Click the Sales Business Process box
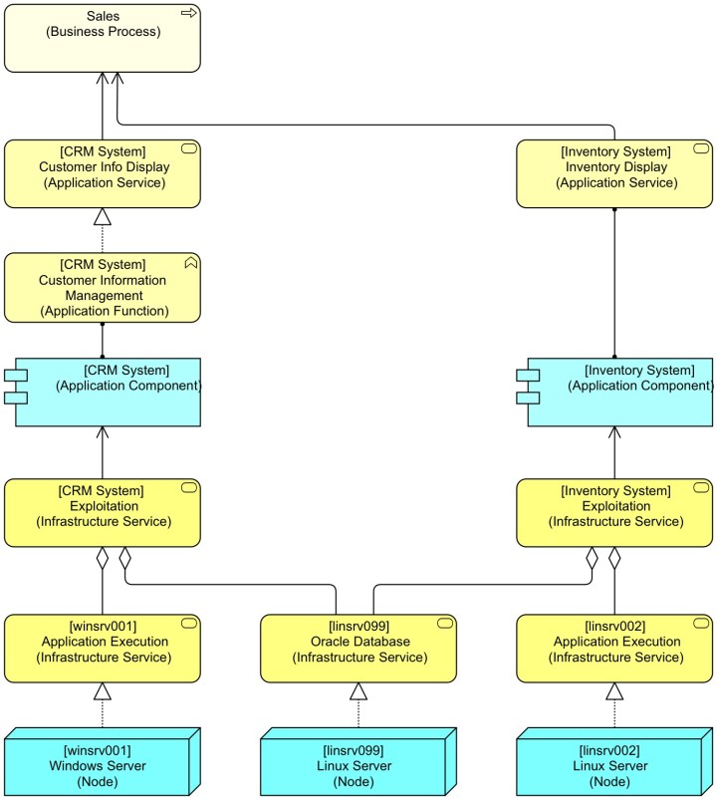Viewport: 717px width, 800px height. coord(103,37)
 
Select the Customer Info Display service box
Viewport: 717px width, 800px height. coord(103,173)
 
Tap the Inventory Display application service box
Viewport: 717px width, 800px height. coord(614,173)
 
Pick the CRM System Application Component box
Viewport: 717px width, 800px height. coord(110,392)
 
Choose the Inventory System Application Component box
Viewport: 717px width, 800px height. coord(621,392)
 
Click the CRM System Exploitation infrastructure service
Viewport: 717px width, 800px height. coord(103,512)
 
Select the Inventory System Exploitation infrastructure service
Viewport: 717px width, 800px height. coord(614,512)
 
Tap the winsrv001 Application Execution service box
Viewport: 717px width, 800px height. coord(103,648)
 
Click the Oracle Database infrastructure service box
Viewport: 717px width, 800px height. coord(358,648)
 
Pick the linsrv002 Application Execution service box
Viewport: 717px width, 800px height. coord(614,648)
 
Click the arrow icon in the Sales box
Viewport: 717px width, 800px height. coord(187,13)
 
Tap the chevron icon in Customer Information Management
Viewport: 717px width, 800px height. coord(190,263)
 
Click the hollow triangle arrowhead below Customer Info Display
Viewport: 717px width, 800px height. coord(103,216)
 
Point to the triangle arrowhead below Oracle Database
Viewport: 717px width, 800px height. coord(358,691)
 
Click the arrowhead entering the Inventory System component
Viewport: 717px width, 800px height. coord(614,431)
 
